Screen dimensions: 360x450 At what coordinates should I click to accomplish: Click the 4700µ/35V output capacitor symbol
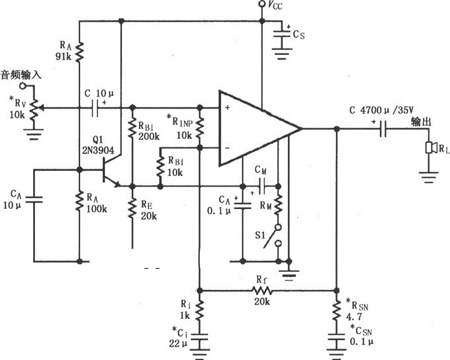(x=383, y=130)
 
